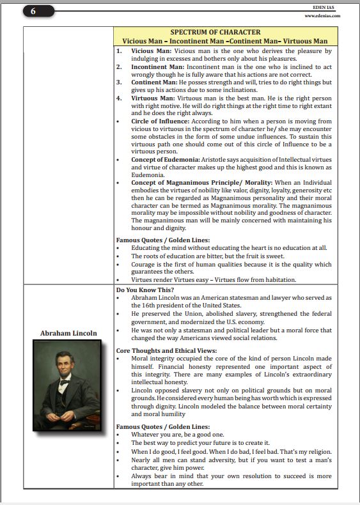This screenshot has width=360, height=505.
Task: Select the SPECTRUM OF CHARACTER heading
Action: point(215,32)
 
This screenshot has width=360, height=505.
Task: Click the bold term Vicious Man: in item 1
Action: point(151,50)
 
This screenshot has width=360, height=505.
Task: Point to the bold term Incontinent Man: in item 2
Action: point(160,66)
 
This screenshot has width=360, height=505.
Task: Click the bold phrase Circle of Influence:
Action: point(162,121)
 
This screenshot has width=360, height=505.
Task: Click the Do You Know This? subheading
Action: point(145,290)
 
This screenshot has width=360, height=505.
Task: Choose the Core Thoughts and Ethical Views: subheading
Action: point(166,351)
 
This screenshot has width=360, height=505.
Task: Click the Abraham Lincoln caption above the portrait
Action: point(68,333)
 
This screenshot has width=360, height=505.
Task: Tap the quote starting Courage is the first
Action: point(231,263)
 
